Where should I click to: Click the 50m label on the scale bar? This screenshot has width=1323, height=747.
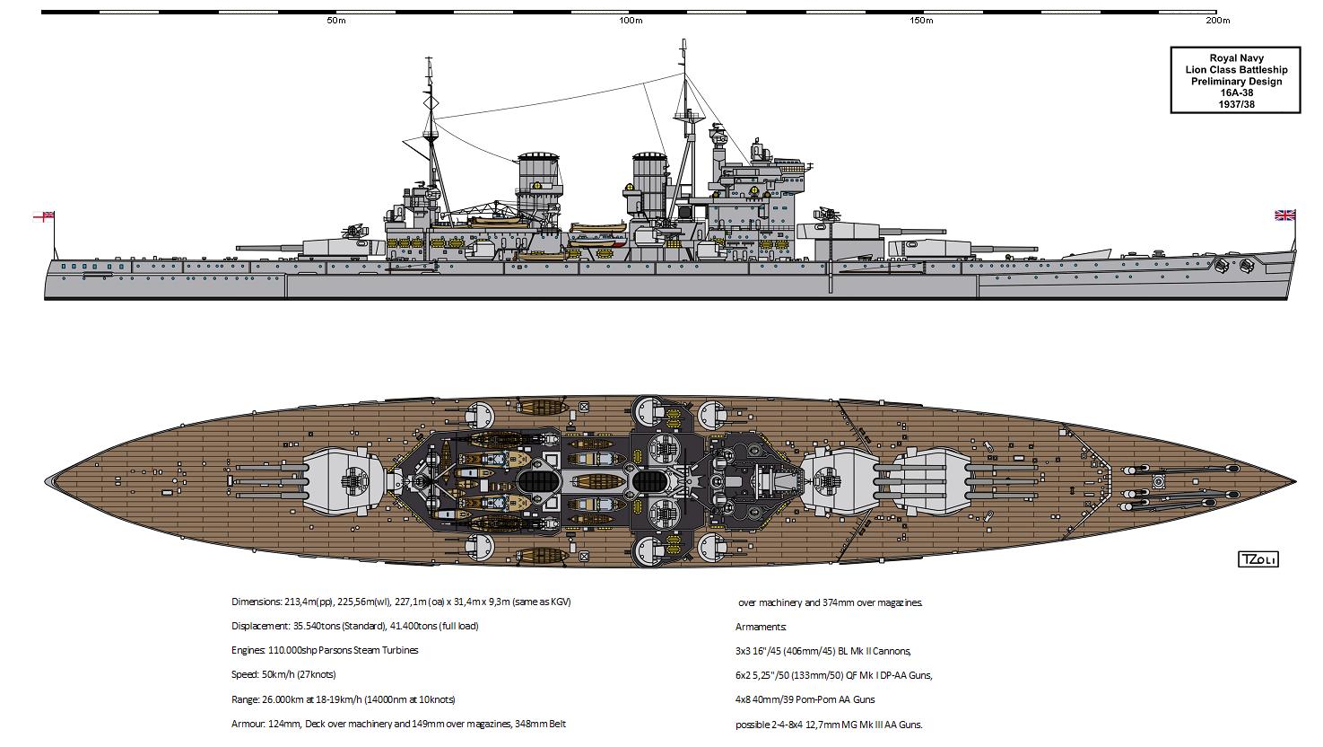(x=336, y=21)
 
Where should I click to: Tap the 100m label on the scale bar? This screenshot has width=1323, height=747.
(x=631, y=21)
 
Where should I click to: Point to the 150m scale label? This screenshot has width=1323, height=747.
(x=921, y=21)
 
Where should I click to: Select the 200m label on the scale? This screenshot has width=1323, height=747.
(x=1217, y=21)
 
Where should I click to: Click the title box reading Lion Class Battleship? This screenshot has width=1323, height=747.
(x=1235, y=69)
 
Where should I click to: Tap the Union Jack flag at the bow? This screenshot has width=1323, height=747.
(x=1285, y=215)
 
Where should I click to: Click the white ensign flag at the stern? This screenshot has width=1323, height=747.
(x=44, y=215)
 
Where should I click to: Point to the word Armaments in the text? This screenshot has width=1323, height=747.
(x=761, y=627)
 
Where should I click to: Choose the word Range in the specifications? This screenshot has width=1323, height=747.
(x=245, y=699)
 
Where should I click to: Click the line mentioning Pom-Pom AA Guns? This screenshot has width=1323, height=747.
(x=805, y=699)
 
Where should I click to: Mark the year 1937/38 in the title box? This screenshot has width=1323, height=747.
(x=1235, y=103)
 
